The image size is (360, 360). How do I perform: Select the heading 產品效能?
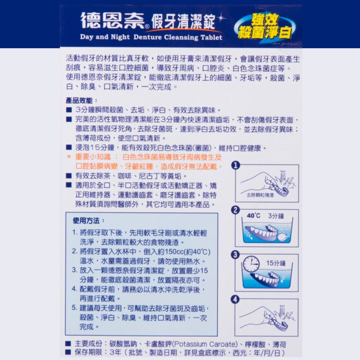click(x=79, y=100)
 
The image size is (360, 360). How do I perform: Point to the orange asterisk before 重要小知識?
click(x=68, y=157)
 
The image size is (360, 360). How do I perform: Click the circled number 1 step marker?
click(x=235, y=165)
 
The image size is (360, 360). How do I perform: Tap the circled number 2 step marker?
click(x=235, y=210)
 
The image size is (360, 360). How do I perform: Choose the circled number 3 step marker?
click(x=235, y=255)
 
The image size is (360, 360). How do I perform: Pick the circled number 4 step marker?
click(x=235, y=300)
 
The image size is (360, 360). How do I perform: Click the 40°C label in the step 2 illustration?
click(x=253, y=216)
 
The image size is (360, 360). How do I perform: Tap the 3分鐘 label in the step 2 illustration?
click(x=276, y=216)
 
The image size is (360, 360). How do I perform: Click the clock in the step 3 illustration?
click(x=251, y=264)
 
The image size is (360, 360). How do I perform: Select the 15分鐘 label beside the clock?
click(x=276, y=263)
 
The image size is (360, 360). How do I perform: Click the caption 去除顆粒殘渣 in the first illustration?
click(x=260, y=195)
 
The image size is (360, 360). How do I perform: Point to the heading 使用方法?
click(x=86, y=221)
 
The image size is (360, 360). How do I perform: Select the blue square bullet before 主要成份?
click(x=68, y=344)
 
